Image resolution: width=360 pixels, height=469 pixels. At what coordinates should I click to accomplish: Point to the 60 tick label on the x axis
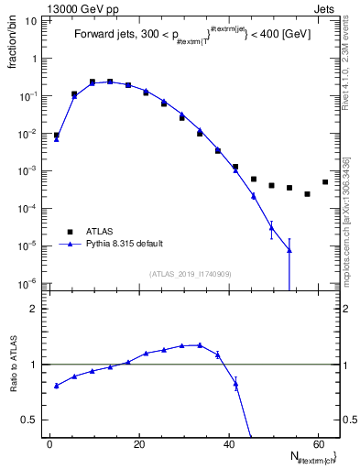pyautogui.click(x=317, y=444)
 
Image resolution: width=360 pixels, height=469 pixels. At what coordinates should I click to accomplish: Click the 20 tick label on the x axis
pyautogui.click(x=138, y=444)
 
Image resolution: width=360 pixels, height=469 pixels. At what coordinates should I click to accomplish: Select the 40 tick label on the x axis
pyautogui.click(x=228, y=444)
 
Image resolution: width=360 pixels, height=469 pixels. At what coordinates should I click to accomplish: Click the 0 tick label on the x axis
pyautogui.click(x=49, y=444)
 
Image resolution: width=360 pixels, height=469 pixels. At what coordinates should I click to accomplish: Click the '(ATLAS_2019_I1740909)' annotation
pyautogui.click(x=184, y=273)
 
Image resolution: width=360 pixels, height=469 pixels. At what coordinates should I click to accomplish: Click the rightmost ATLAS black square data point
pyautogui.click(x=325, y=182)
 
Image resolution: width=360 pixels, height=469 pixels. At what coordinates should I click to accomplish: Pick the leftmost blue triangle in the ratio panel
pyautogui.click(x=56, y=386)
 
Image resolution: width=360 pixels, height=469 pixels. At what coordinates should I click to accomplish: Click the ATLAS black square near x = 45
pyautogui.click(x=254, y=179)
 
